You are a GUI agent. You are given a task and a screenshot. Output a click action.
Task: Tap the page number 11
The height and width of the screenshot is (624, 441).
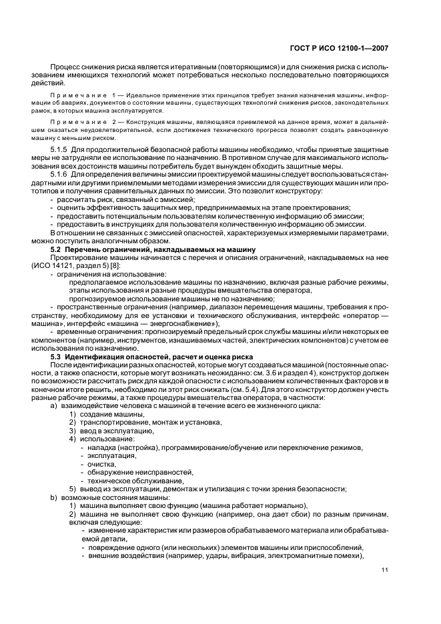pos(385,569)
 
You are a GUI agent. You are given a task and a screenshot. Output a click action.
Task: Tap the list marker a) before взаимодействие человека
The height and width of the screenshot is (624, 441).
pos(53,406)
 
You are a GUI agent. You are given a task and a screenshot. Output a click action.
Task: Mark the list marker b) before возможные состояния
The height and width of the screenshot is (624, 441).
pos(53,497)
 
